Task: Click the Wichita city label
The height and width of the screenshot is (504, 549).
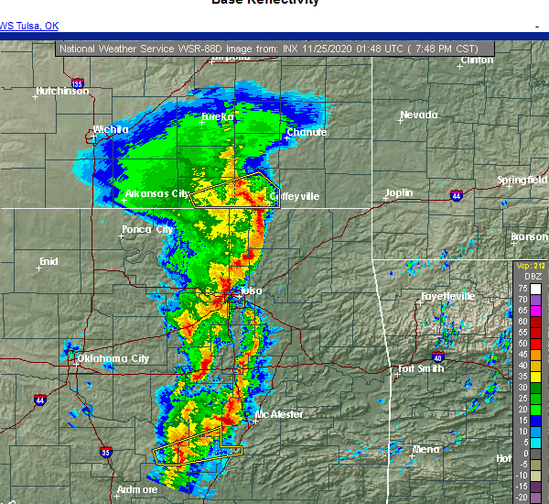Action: point(112,129)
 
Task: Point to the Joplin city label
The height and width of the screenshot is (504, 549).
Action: point(399,193)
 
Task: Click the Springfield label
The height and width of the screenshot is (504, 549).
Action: point(522,180)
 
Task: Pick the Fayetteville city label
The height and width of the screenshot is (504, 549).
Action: point(447,296)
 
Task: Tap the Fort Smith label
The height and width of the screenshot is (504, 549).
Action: point(419,369)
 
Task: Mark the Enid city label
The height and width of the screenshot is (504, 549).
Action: point(48,261)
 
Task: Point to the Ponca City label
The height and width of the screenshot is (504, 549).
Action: point(148,229)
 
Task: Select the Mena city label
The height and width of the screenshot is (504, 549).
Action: point(425,449)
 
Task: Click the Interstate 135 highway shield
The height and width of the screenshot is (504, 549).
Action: point(77,84)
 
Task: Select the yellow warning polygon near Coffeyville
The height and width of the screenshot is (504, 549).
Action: point(234,190)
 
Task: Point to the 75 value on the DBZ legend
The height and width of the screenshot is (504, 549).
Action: point(522,288)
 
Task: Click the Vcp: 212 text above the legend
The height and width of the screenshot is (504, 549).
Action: point(530,266)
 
